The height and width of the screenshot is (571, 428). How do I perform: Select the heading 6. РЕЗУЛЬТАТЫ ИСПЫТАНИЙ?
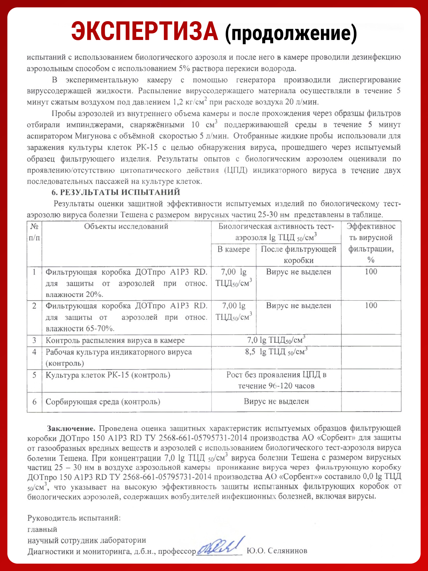(x=116, y=192)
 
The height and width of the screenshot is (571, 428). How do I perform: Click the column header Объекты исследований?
(x=126, y=226)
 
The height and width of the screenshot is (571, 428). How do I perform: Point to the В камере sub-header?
(x=233, y=249)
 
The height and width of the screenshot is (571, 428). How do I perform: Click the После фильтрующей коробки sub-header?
(x=298, y=255)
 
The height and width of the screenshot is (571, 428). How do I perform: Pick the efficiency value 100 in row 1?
(x=371, y=271)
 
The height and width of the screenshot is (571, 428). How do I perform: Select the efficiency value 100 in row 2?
(x=371, y=305)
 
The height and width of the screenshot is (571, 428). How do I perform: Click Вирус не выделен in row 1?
(x=298, y=272)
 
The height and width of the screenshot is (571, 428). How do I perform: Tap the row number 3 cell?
(x=34, y=340)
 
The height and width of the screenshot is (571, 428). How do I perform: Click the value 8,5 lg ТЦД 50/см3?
(x=276, y=352)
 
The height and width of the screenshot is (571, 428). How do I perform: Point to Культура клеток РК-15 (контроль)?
(x=108, y=375)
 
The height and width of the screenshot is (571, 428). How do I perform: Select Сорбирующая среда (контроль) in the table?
(x=103, y=402)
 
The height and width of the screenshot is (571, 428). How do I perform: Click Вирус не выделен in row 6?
(x=276, y=401)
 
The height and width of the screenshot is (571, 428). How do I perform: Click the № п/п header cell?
(x=34, y=232)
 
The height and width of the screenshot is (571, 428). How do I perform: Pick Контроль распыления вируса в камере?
(x=115, y=340)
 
